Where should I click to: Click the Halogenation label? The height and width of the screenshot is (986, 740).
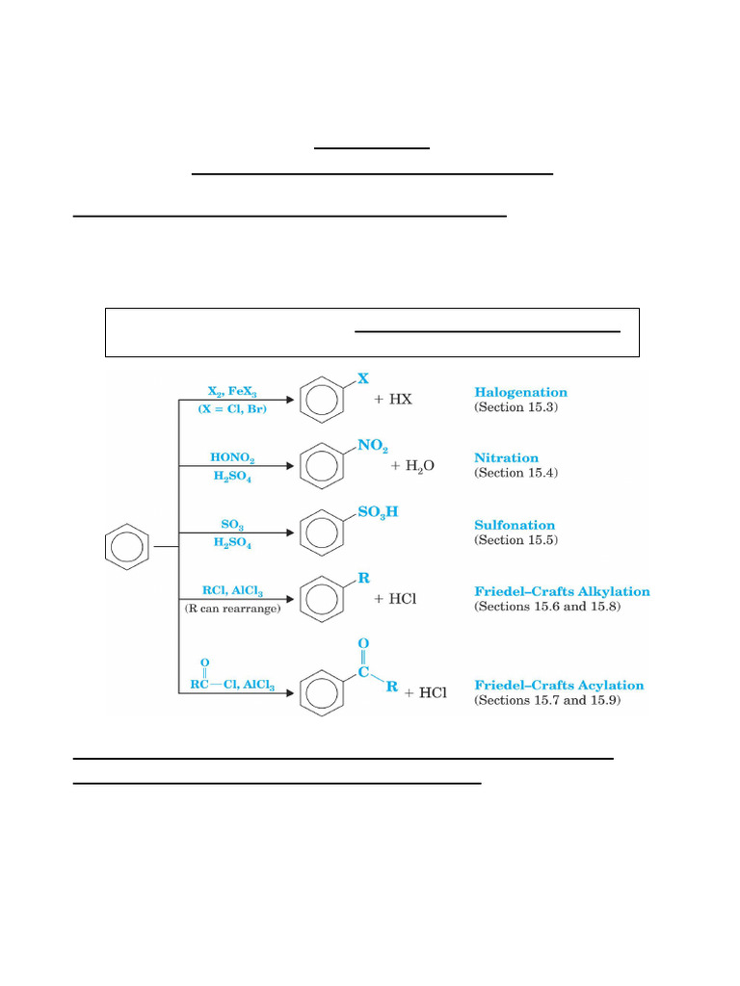pos(520,392)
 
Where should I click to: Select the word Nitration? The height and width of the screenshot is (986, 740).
pos(506,458)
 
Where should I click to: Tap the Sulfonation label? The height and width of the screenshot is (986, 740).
pos(515,525)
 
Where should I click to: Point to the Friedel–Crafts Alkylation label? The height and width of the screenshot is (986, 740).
pos(562,591)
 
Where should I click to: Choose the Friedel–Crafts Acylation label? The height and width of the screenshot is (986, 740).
pos(559,685)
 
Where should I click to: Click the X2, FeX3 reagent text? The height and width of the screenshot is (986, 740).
pos(232,392)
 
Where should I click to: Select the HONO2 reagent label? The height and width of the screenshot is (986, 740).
pos(232,457)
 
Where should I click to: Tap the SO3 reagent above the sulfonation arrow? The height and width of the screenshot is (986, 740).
pos(232,524)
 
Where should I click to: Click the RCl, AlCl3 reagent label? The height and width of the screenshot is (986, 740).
pos(232,591)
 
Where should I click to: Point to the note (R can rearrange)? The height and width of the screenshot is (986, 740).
pos(232,610)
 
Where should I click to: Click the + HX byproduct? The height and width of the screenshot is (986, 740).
pos(393,399)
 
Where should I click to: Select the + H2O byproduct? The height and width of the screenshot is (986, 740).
pos(412,465)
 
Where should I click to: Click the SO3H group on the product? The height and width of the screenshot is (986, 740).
pos(378,512)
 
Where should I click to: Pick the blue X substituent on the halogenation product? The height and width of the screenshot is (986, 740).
pos(363,379)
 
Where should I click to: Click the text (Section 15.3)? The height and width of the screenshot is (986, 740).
pos(515,407)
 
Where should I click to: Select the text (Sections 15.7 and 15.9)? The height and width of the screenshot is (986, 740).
pos(547,700)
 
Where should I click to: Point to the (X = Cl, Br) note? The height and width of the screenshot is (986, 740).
pos(232,409)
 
